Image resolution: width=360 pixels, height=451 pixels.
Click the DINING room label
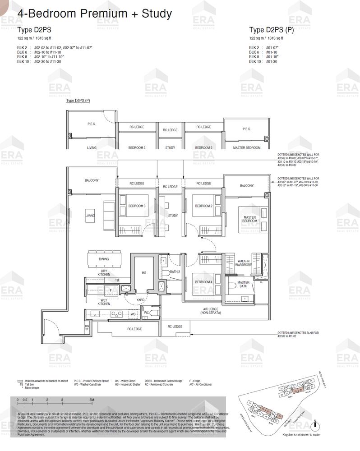click(104, 259)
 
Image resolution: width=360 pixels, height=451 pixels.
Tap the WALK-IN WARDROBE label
click(243, 263)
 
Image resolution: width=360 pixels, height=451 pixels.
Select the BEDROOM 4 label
click(203, 282)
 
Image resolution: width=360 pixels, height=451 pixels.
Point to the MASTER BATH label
click(243, 285)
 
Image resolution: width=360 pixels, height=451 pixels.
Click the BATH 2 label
click(175, 272)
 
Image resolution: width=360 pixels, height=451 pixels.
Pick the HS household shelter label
click(144, 273)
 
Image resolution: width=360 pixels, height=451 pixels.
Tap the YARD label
click(140, 299)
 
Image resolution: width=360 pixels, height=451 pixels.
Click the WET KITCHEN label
click(104, 302)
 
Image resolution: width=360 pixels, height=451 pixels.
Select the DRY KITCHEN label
click(104, 273)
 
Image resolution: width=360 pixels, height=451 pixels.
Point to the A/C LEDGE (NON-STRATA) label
click(210, 311)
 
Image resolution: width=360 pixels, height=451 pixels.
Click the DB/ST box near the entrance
click(87, 328)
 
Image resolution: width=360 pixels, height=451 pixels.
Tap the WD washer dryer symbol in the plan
click(133, 314)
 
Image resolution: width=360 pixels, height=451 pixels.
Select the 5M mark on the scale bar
click(91, 400)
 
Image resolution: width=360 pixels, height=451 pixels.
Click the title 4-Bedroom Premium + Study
click(94, 14)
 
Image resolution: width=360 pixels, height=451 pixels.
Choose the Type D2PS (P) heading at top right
click(271, 30)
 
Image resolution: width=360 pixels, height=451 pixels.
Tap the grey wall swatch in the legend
click(20, 381)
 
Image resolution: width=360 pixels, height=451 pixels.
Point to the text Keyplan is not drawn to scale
click(300, 435)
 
